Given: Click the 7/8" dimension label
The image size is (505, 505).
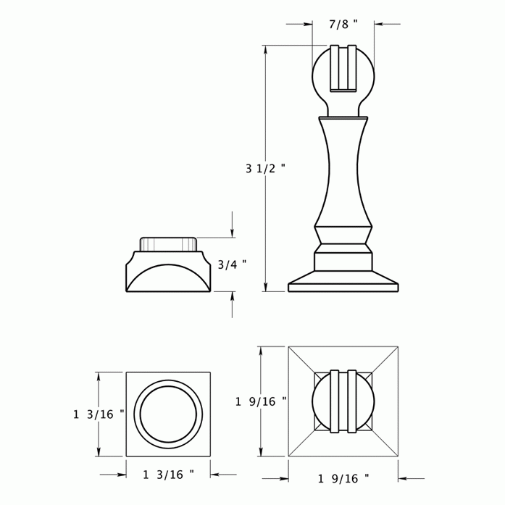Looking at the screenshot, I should [x=343, y=25].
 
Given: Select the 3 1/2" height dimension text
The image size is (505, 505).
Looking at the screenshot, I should [x=265, y=169].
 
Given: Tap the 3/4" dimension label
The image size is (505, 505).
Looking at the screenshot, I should [x=232, y=264].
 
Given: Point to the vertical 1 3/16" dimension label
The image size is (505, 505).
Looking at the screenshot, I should [x=99, y=414].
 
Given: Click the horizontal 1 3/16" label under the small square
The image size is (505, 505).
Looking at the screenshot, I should [x=168, y=475].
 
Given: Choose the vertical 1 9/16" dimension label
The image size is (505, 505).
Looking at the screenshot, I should [x=261, y=401].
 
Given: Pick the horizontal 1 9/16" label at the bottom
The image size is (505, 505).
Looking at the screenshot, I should [x=343, y=478].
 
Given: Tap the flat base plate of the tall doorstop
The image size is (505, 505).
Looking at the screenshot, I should [x=343, y=287].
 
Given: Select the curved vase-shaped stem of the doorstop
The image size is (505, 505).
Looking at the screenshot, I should [x=343, y=170].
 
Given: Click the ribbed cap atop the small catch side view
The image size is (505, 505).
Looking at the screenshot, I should [x=168, y=243].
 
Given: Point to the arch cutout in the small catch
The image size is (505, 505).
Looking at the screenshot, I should [x=168, y=280].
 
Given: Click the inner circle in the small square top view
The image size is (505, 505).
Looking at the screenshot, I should [x=168, y=414].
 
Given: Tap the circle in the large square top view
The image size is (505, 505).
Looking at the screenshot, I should [x=343, y=402].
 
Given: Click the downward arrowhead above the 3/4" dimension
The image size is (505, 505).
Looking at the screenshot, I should [x=232, y=233].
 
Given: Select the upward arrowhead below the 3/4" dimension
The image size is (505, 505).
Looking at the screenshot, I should [x=232, y=296].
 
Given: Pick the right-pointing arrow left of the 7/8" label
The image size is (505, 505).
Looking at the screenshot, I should [x=308, y=25].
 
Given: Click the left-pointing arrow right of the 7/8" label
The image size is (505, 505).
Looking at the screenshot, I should [x=379, y=25].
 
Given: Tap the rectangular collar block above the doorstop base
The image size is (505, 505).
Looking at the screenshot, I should [x=343, y=262].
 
